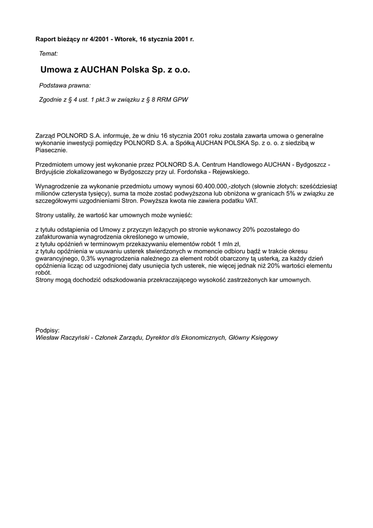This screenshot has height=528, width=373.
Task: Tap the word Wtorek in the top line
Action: [x=125, y=39]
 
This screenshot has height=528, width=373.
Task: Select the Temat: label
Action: [x=48, y=53]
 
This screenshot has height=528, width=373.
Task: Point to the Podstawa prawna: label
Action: [x=65, y=85]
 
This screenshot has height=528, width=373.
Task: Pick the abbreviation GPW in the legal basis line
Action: [x=180, y=100]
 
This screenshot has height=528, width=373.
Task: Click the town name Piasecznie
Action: [x=51, y=150]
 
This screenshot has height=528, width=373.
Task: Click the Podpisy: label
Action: [x=47, y=329]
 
